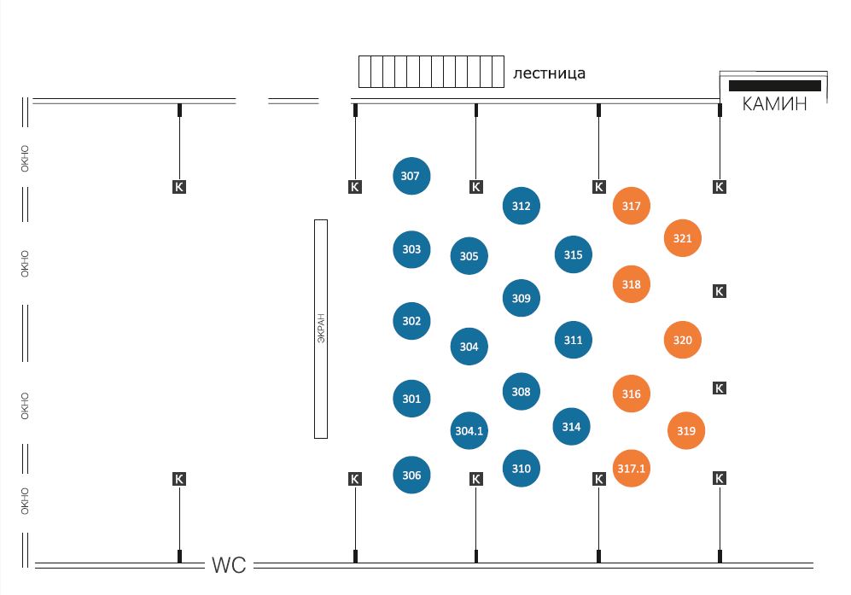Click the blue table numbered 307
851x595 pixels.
411,176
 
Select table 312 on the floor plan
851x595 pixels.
521,206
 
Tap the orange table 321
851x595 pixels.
682,238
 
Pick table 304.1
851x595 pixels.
469,430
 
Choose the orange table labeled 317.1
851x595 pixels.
631,468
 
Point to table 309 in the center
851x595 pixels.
521,298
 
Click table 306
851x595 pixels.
411,475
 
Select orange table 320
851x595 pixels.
682,340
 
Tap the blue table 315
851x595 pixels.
573,254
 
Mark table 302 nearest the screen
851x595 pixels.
411,321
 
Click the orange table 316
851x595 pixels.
631,394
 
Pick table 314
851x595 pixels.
572,427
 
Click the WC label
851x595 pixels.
229,565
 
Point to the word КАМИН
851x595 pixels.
774,103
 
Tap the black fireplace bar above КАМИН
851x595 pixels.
774,85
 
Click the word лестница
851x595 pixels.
549,73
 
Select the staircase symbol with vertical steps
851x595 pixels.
431,72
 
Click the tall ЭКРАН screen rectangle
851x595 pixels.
321,329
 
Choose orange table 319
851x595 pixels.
686,430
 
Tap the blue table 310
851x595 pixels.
521,468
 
